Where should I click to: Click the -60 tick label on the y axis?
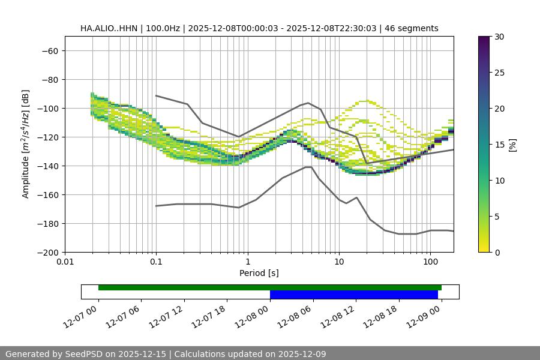click(49, 50)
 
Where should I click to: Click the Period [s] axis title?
click(259, 274)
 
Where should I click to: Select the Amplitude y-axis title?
click(26, 144)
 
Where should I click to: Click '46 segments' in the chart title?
click(412, 28)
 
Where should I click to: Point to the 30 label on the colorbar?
click(499, 37)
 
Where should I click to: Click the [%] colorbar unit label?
click(512, 145)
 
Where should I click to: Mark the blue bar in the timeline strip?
click(354, 295)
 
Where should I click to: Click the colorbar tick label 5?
click(496, 217)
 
